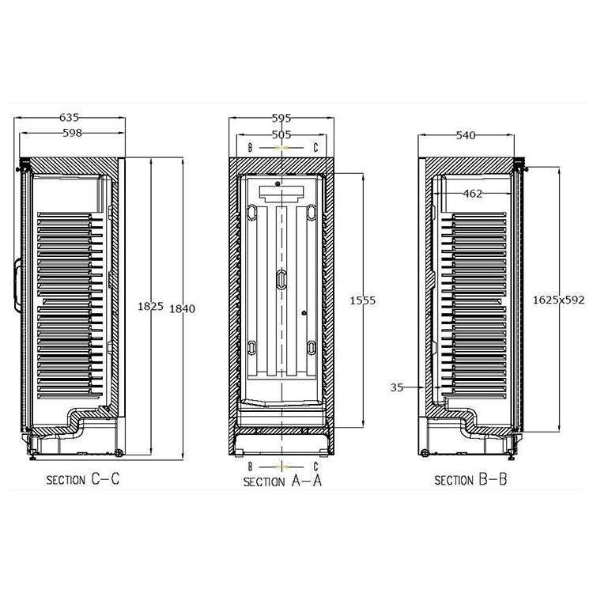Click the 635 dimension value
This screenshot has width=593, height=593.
70,118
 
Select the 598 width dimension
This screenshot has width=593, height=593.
72,133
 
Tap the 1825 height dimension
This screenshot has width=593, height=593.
150,306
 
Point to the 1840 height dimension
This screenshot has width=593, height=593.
182,308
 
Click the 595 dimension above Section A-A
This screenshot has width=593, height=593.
281,119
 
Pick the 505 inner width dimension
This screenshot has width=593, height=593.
281,134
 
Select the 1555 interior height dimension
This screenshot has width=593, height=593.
362,300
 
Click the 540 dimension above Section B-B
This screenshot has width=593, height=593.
466,135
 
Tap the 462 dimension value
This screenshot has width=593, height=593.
473,194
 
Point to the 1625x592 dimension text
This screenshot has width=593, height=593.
558,300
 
